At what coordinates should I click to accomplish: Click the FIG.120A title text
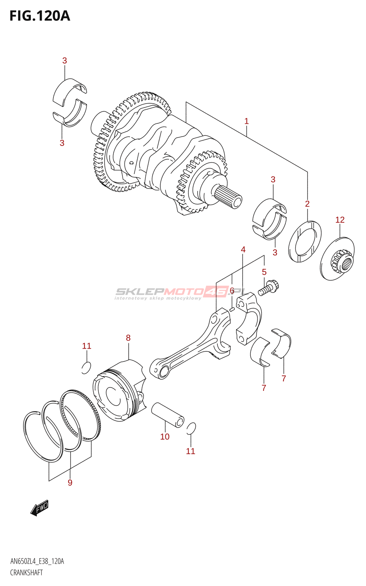tap(40, 16)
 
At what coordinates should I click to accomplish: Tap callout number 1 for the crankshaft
tap(246, 121)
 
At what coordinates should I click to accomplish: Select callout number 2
tap(307, 204)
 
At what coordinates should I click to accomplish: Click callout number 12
tap(340, 220)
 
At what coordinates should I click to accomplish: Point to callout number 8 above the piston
tap(128, 338)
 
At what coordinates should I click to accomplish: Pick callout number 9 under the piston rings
tap(70, 483)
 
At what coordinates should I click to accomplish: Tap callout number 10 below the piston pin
tap(165, 437)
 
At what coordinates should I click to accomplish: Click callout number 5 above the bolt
tap(264, 272)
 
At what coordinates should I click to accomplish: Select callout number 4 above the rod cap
tap(243, 249)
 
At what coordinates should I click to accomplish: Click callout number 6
tap(232, 290)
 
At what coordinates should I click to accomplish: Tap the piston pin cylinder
tap(168, 415)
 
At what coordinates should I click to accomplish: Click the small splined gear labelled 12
tap(337, 259)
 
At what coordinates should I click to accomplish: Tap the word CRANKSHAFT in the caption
tap(26, 573)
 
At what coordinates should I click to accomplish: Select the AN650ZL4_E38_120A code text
tap(37, 561)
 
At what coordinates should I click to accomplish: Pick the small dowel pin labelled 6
tap(232, 309)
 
